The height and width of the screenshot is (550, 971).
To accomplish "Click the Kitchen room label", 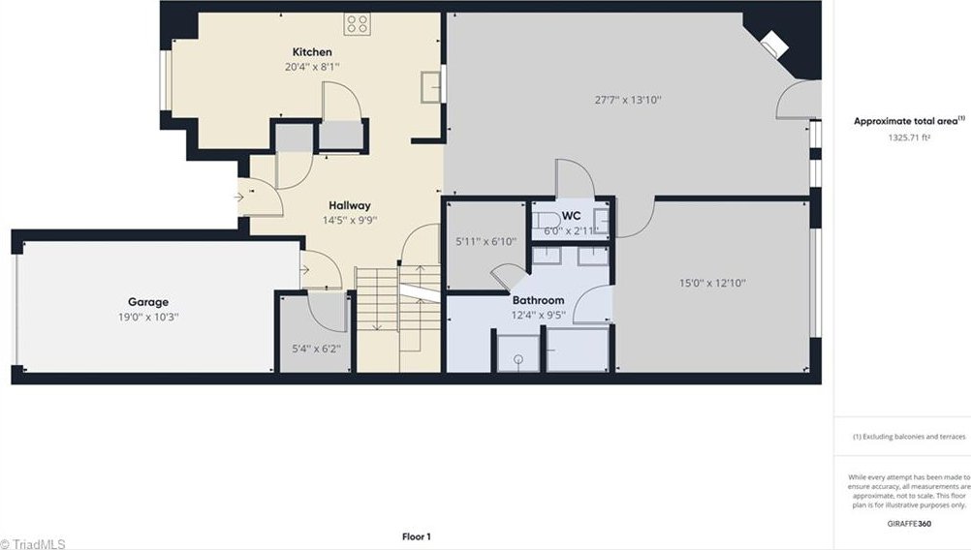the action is tap(312, 52).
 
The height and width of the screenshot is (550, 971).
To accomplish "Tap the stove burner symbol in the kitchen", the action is tap(358, 24).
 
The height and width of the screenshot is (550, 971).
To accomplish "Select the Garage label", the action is tap(148, 302).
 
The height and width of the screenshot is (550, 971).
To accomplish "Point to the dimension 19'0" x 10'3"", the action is tap(148, 317).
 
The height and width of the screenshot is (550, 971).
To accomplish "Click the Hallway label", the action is tap(349, 205).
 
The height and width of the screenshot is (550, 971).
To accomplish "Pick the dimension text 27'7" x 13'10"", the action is tap(628, 100).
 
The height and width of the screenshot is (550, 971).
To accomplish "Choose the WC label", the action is tap(571, 216).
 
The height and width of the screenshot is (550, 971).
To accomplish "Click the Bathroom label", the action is tap(538, 300).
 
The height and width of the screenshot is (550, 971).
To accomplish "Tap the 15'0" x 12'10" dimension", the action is tap(712, 284).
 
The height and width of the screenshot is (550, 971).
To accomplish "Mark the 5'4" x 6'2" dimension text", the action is tap(316, 349).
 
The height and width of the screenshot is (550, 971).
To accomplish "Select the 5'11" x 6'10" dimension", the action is tap(485, 242).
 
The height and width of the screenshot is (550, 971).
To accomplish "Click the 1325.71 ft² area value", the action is tap(909, 137).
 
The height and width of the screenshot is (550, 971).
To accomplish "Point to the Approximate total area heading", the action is tap(908, 121).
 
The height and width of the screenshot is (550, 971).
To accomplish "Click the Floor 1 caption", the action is tap(416, 536).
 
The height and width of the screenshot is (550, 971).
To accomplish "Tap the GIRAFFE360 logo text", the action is tap(909, 524).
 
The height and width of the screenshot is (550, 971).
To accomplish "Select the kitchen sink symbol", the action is tap(431, 86).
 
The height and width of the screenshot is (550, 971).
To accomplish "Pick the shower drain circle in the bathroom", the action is tap(518, 359).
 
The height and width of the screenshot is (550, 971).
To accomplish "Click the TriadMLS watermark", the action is tap(33, 544).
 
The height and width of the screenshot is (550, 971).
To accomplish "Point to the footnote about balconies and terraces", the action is tap(908, 436).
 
